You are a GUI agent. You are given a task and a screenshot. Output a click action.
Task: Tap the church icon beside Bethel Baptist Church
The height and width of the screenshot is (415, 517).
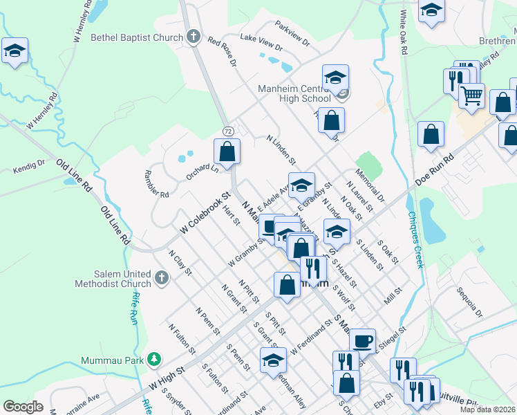pyautogui.click(x=194, y=36)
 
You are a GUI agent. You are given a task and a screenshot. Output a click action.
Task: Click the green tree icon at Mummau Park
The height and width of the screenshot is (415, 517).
pyautogui.click(x=156, y=360)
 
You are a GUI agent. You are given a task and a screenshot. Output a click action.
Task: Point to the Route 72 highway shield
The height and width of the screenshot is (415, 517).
pyautogui.click(x=227, y=131)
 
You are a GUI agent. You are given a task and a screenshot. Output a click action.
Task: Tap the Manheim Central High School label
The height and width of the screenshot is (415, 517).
pyautogui.click(x=294, y=93)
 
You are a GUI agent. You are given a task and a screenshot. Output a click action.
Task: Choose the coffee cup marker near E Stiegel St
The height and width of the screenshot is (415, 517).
pyautogui.click(x=362, y=340)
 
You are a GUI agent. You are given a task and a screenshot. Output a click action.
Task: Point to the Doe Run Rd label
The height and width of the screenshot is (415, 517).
pyautogui.click(x=434, y=169)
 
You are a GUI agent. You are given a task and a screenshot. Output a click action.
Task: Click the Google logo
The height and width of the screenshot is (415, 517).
pyautogui.click(x=23, y=407)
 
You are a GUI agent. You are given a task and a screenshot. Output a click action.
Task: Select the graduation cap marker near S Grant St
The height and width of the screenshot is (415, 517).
pyautogui.click(x=274, y=360)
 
